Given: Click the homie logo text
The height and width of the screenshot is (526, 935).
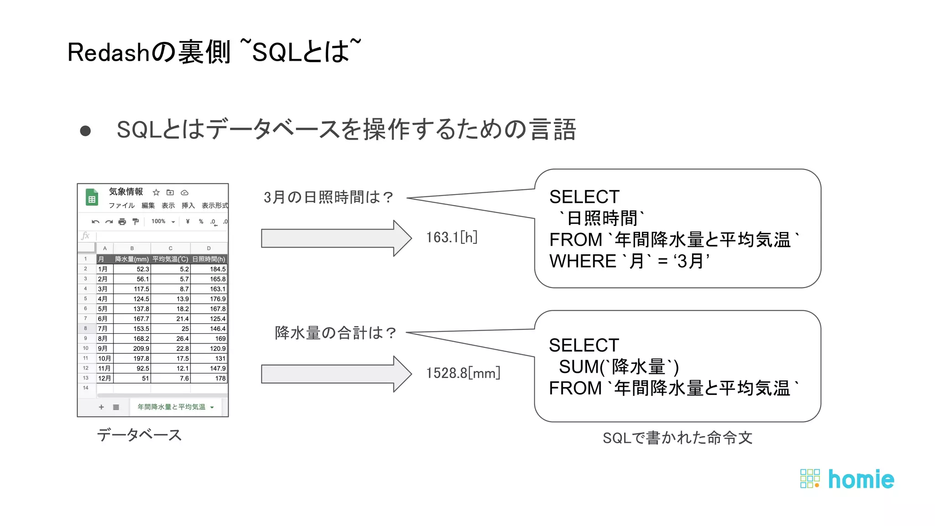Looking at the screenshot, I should point(861,479).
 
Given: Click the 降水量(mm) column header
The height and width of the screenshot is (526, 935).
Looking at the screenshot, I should point(131,259).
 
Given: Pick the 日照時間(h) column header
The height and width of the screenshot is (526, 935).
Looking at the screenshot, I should point(209,259).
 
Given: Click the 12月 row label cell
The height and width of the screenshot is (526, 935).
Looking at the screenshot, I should point(105,378).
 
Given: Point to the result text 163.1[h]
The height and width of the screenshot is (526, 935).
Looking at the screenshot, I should point(452,237).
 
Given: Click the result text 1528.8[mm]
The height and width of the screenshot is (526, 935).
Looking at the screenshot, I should point(463,373).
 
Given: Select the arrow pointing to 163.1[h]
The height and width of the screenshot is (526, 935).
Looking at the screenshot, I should point(336,238).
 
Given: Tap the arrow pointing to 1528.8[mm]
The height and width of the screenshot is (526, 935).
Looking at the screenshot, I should point(336,374).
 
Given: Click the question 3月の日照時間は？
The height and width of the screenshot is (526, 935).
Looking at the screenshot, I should point(328,197).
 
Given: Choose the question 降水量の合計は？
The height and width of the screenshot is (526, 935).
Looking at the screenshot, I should point(336,333).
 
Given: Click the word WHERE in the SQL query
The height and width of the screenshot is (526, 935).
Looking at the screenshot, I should point(583,261).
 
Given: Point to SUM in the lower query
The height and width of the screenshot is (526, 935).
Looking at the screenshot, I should point(578,367).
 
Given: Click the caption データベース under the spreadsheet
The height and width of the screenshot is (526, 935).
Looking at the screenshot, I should point(139,435).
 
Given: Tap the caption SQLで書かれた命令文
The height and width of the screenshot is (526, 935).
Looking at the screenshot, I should point(677,438).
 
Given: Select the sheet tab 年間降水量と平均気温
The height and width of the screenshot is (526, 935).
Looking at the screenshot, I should point(172,407).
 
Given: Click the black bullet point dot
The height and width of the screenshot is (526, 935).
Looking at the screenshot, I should point(85,131).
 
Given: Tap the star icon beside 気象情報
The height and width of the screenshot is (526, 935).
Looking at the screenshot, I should point(156,193).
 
